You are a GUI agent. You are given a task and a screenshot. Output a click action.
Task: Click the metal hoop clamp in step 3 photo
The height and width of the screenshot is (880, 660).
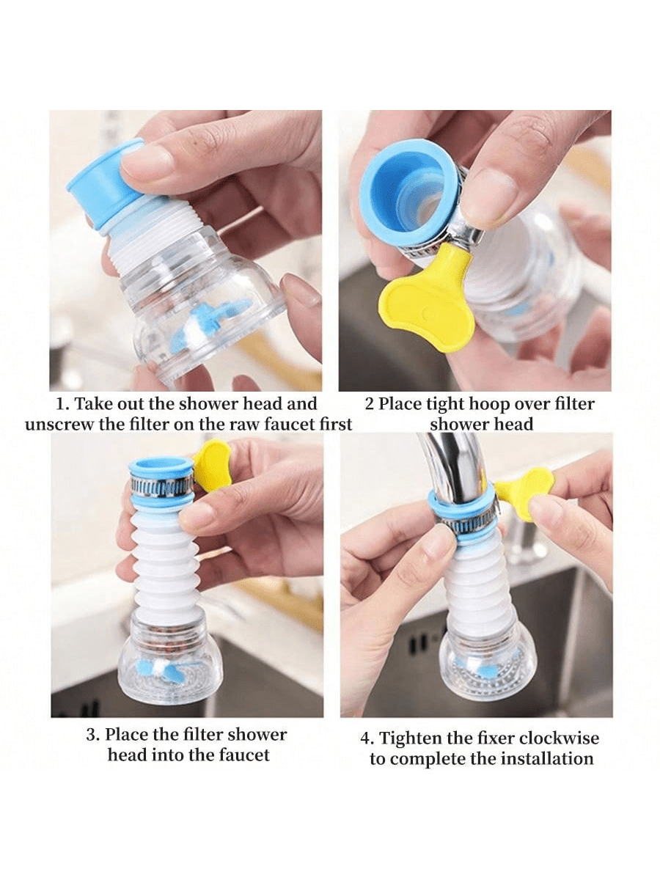[162, 485]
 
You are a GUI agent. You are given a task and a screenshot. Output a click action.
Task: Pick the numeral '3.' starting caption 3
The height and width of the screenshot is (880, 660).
[93, 735]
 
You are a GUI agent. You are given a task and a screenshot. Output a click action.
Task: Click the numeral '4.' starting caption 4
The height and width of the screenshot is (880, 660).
[367, 739]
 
